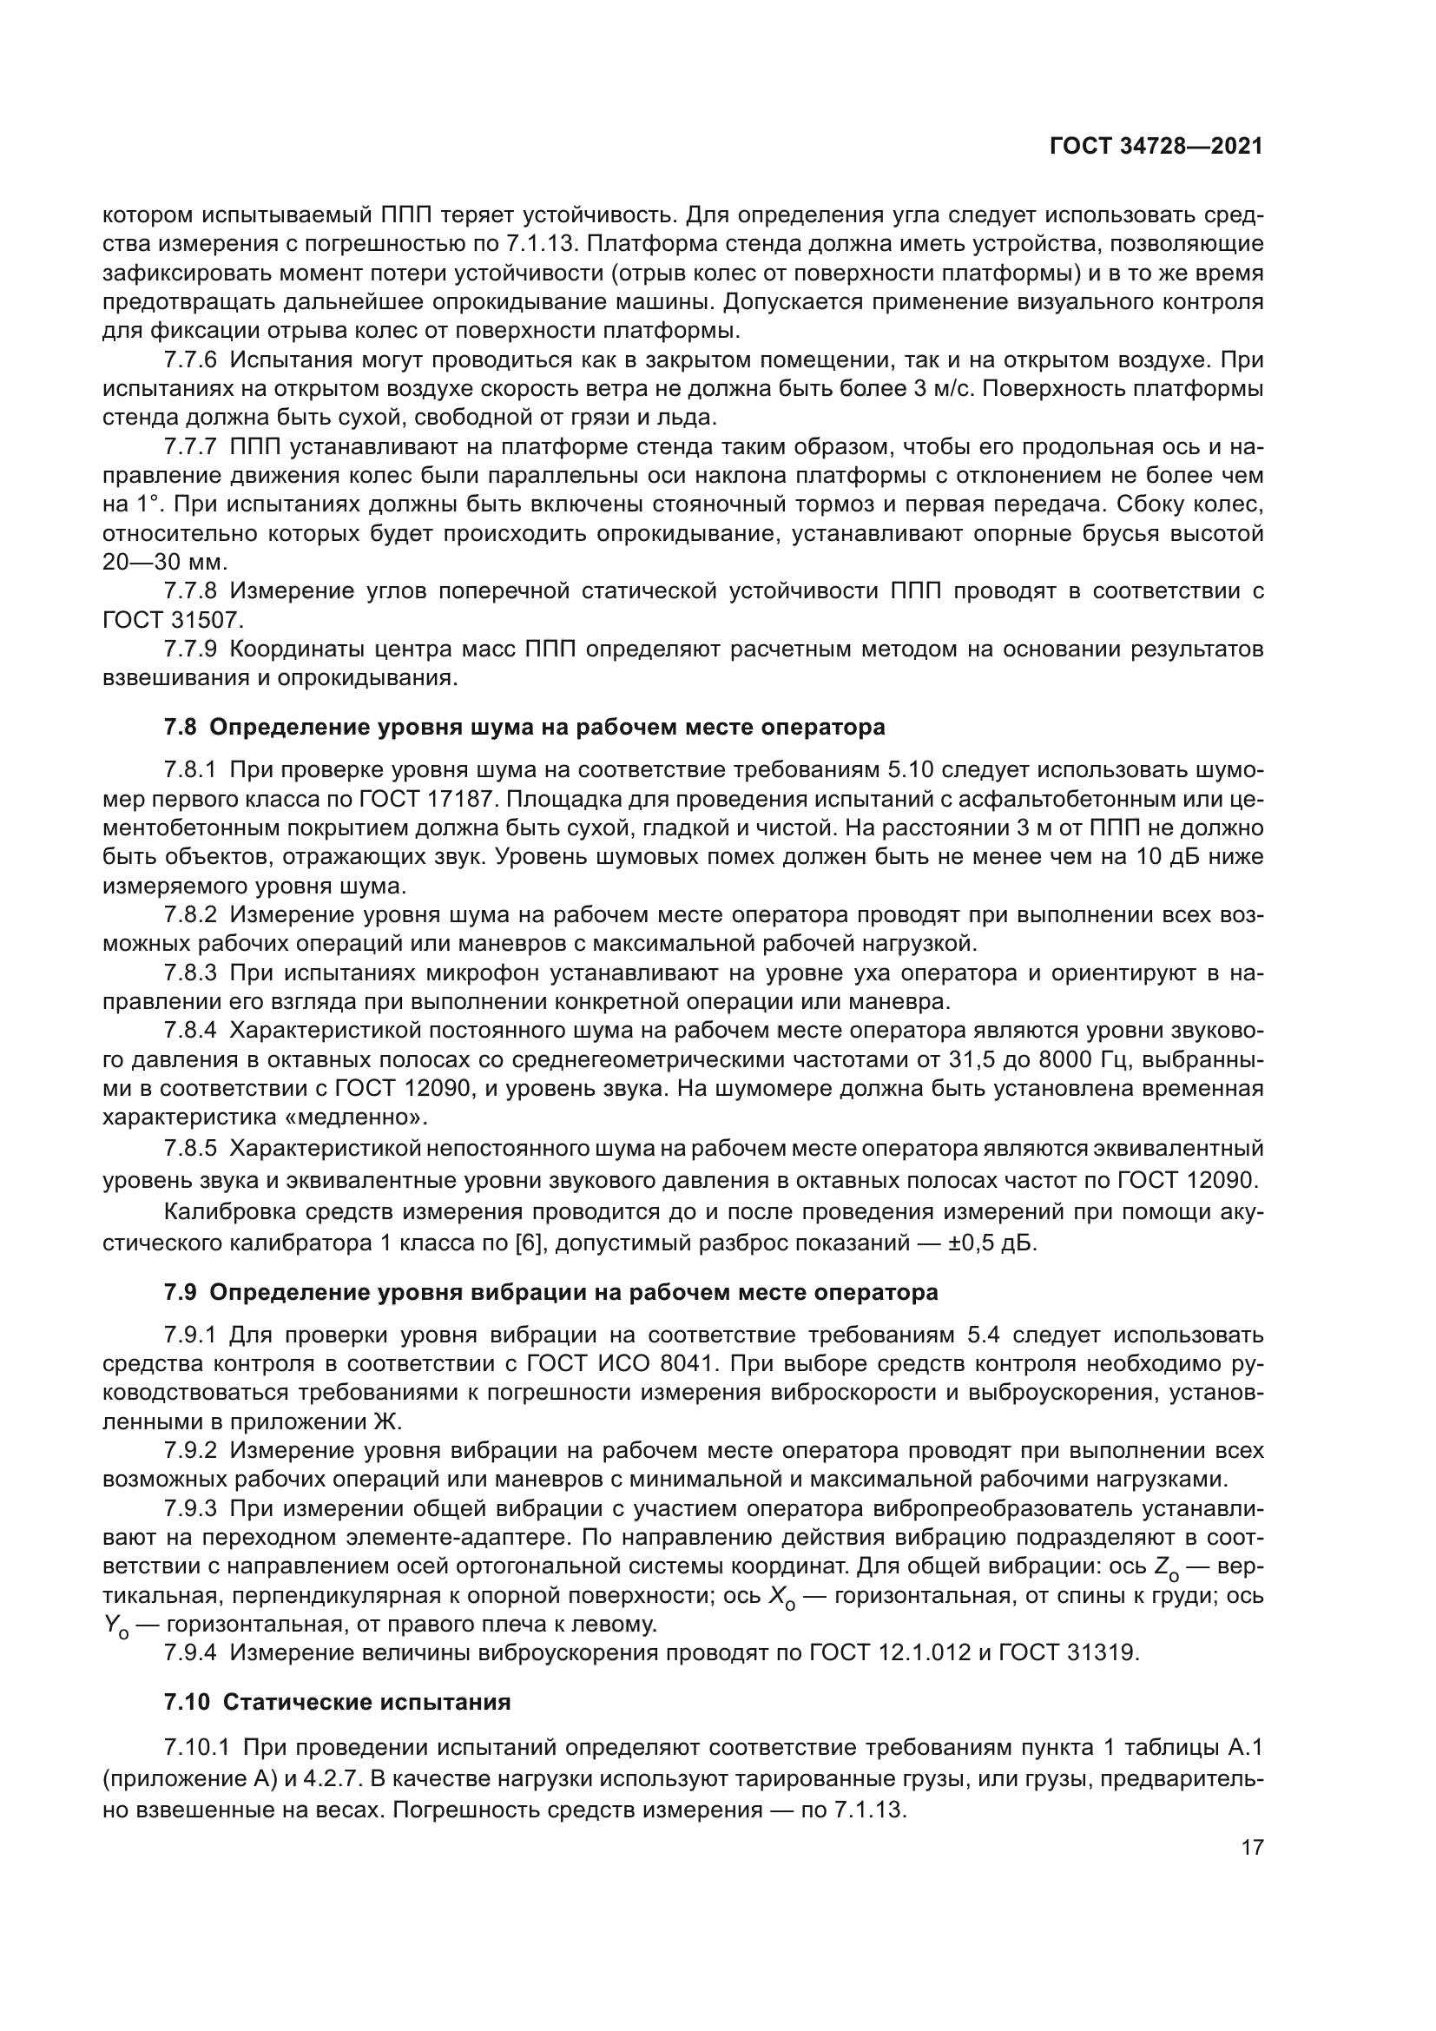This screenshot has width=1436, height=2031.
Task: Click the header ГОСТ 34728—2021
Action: (x=1156, y=146)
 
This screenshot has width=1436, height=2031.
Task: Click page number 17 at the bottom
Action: (x=1252, y=1847)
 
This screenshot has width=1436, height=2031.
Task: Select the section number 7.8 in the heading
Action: (x=180, y=727)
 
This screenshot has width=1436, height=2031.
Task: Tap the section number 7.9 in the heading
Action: (x=180, y=1292)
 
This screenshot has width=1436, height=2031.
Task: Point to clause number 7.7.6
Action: (x=190, y=360)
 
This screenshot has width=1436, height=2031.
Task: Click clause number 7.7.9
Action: (x=190, y=650)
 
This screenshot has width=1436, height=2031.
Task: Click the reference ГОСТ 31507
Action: (x=173, y=619)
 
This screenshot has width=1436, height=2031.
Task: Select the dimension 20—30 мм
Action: (x=164, y=563)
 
